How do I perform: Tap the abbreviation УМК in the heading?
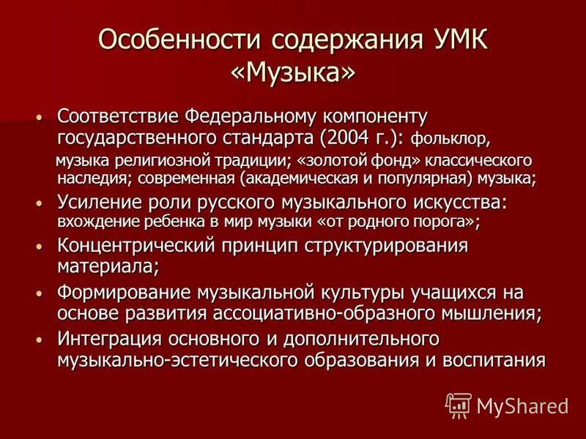point(452,38)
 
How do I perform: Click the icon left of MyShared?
point(458,404)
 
